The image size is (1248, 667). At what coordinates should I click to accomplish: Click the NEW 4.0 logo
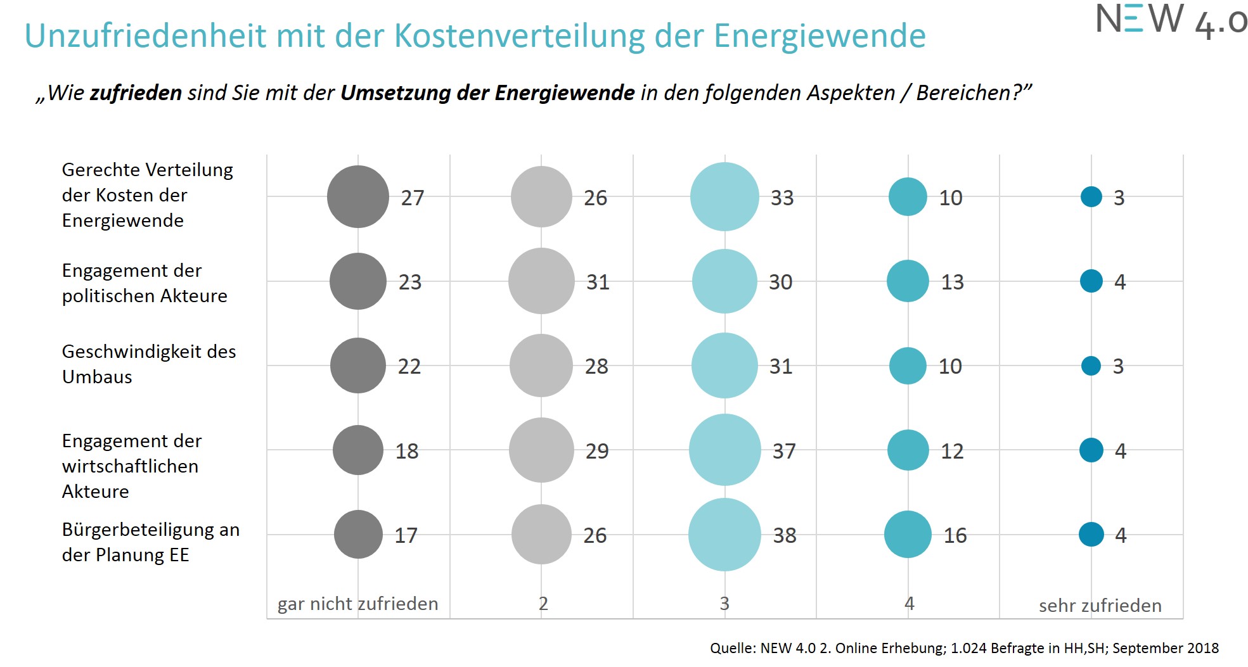[x=1170, y=20]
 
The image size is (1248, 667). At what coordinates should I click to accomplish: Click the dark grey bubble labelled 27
[x=358, y=197]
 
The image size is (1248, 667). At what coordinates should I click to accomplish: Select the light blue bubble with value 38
[x=724, y=535]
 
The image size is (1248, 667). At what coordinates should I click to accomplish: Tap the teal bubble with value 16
[x=908, y=535]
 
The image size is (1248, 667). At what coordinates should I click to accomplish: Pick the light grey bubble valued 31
[x=541, y=281]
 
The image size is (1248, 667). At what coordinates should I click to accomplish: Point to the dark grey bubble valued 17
[x=358, y=535]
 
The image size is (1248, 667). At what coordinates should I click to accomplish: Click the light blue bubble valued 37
[x=724, y=450]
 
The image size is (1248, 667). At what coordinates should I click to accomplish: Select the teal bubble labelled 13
[x=908, y=281]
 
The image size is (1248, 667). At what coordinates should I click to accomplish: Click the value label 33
[x=782, y=198]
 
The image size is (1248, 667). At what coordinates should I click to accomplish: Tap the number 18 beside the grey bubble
[x=407, y=452]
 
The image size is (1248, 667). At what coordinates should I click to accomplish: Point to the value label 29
[x=597, y=452]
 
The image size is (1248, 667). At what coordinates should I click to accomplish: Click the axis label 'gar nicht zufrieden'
[x=357, y=604]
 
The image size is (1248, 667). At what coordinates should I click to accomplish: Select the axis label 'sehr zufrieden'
[x=1100, y=606]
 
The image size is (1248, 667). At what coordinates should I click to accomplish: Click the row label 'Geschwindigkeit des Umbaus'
[x=148, y=364]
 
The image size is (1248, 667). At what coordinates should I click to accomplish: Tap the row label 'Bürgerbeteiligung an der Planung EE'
[x=150, y=542]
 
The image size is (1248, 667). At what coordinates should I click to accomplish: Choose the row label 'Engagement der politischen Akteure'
[x=144, y=283]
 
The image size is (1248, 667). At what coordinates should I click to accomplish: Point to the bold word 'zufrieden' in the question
[x=136, y=93]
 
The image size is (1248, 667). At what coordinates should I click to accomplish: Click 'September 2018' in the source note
[x=1165, y=649]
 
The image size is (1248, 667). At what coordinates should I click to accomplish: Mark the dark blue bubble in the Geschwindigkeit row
[x=1091, y=365]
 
